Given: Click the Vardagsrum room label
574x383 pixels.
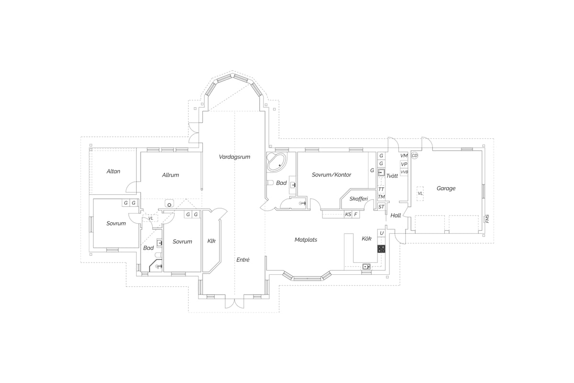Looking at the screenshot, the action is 234,157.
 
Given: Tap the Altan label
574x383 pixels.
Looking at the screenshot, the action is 113,171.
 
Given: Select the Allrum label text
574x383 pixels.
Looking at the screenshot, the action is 170,175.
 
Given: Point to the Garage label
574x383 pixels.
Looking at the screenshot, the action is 446,188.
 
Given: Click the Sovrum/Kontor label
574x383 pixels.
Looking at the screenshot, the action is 331,175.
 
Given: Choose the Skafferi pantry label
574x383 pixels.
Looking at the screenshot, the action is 358,199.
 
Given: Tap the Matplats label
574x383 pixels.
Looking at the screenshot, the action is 306,239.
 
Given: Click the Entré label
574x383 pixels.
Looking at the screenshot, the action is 243,259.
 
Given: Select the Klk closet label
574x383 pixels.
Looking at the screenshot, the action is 211,241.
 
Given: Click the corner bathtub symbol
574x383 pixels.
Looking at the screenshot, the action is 277,162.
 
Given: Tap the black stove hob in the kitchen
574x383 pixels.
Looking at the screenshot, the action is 381,249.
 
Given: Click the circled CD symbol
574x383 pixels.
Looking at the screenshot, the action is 414,156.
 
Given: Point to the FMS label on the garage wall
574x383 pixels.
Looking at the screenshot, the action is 487,219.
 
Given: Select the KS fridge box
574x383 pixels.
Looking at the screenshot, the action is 348,214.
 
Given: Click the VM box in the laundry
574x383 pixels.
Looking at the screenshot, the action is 404,156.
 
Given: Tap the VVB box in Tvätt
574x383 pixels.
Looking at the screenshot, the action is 404,172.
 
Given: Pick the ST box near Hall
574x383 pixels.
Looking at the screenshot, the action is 381,206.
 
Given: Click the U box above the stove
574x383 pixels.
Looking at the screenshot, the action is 382,233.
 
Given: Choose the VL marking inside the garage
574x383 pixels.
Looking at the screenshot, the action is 420,193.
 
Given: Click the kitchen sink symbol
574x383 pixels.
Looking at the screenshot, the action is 366,266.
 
